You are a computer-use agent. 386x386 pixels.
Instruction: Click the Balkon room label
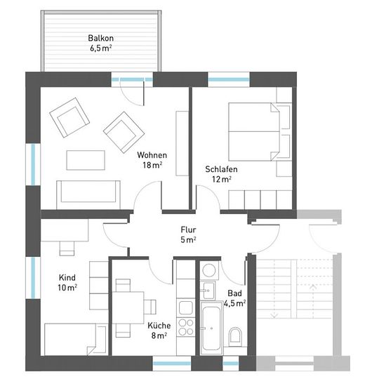coord(100,38)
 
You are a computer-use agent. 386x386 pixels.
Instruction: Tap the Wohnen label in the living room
coord(152,155)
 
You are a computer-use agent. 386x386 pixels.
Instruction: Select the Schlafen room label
coord(221,169)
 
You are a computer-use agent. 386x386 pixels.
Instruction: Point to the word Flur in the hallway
coord(188,229)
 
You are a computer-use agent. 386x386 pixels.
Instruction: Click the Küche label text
coord(159,326)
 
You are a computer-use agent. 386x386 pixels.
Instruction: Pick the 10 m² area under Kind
coord(67,287)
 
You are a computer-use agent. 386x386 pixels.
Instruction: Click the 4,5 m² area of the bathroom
coord(234,303)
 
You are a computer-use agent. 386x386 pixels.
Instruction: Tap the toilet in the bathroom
coord(235,336)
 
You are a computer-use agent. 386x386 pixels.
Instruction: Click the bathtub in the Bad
coord(212,328)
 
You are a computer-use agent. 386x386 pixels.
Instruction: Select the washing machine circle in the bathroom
coord(208,270)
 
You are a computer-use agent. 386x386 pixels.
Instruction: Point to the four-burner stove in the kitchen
coord(186,327)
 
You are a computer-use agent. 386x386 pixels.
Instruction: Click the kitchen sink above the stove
coord(186,307)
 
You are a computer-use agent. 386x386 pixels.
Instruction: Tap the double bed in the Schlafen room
coord(254,132)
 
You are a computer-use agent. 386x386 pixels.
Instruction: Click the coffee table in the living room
coord(86,160)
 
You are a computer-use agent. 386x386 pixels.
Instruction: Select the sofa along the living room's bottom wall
coord(88,195)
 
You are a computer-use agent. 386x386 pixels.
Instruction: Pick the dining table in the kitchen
coord(128,307)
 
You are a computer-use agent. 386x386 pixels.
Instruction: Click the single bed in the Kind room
coord(76,340)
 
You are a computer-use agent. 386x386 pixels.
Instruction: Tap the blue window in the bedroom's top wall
coord(229,79)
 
